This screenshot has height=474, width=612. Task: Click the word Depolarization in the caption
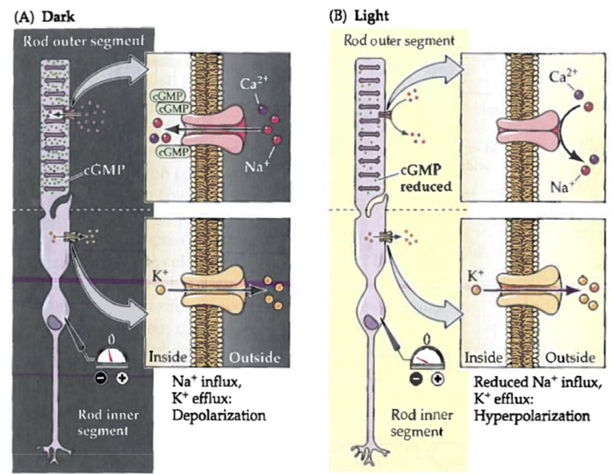(219, 416)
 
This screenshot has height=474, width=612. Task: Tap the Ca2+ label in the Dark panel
(254, 84)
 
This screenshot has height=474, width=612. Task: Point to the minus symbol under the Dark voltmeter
(101, 378)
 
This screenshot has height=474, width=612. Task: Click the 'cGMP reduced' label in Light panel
(426, 178)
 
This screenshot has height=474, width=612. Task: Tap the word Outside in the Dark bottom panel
(254, 358)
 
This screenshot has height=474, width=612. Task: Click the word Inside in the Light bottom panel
(483, 358)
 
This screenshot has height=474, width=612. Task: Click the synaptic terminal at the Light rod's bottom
(369, 453)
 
